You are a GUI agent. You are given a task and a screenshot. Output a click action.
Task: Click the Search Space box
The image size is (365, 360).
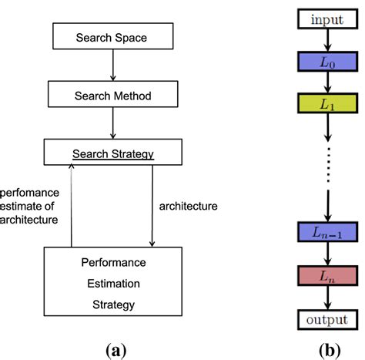113,36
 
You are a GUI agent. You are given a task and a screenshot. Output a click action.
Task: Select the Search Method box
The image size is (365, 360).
113,94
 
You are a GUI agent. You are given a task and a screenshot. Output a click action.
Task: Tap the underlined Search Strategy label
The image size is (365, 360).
113,154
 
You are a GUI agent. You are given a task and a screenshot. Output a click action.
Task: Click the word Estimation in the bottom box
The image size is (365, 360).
113,284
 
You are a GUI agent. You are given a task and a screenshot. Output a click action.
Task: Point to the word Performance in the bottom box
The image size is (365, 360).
113,263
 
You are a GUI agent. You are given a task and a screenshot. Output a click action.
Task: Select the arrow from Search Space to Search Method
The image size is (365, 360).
113,65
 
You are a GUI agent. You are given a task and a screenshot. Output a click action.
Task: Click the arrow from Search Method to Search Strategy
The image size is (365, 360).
113,123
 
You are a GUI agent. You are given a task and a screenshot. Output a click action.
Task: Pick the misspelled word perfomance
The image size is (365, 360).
29,193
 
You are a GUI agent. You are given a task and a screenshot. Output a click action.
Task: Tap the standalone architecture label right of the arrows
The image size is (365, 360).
189,206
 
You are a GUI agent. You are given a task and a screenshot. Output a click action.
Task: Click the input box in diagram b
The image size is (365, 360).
328,19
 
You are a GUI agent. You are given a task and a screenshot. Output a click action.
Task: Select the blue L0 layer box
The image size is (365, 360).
328,62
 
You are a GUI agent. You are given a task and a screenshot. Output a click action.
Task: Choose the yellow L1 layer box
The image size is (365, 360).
328,103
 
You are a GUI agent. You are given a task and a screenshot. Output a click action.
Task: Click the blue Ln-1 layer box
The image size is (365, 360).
328,232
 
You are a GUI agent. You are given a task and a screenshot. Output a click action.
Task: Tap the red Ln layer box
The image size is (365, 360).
328,276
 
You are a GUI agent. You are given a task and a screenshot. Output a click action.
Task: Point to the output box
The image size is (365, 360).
328,320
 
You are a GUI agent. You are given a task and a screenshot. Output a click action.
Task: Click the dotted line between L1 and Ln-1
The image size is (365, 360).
328,164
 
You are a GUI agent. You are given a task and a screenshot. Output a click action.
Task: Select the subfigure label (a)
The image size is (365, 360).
116,350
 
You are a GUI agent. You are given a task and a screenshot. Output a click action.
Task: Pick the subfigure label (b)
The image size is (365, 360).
330,350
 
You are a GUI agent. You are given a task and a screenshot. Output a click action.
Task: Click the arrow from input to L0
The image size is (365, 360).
328,40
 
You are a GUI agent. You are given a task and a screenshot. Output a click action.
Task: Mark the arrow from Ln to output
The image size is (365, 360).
328,298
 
